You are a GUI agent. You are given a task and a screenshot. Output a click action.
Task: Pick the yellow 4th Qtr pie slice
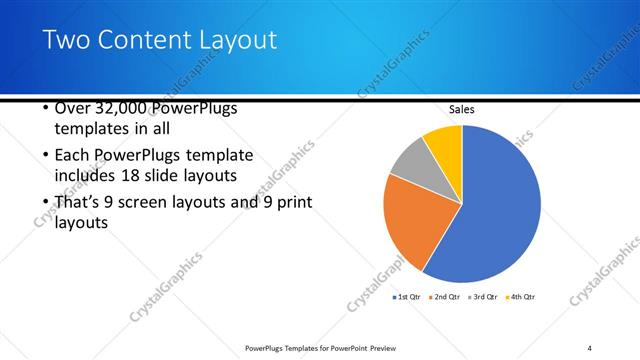[444, 141]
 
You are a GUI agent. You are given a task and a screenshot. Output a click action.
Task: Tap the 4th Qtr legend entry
[522, 297]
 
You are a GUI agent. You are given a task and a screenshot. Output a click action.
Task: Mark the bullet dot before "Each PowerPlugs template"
[45, 156]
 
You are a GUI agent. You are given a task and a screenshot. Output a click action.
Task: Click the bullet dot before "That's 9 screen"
[45, 203]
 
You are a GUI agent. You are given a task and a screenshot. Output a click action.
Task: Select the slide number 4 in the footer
[589, 347]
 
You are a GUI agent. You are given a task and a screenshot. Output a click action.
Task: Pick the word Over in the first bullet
[71, 108]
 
